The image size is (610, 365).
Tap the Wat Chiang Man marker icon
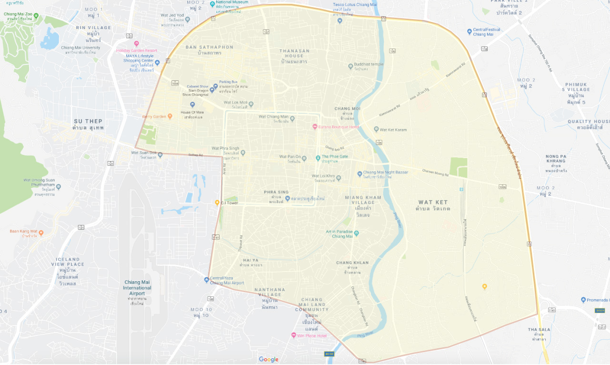click(x=292, y=118)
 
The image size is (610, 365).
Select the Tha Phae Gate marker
click(x=318, y=158)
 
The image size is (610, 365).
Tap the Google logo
click(x=269, y=359)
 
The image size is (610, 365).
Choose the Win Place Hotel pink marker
click(x=294, y=335)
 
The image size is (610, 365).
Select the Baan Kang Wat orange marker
click(x=41, y=233)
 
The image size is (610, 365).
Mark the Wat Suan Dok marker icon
click(x=160, y=154)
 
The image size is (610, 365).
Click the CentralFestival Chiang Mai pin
click(x=469, y=31)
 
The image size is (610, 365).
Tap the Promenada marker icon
click(x=583, y=300)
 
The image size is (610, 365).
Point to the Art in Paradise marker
click(x=356, y=233)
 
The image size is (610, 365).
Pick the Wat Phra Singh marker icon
click(x=243, y=152)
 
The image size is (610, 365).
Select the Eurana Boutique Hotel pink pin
click(x=315, y=126)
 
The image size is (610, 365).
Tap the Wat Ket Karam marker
click(x=376, y=129)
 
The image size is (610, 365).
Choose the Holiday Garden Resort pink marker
click(x=137, y=44)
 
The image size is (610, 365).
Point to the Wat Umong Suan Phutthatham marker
click(x=58, y=186)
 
